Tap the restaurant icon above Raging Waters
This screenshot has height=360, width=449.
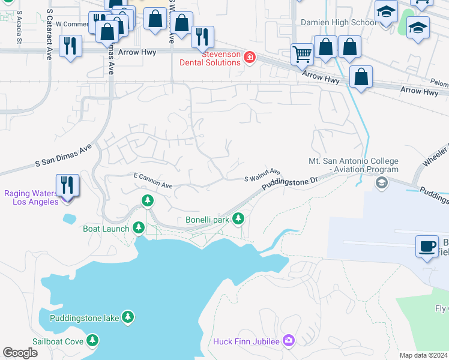[x=67, y=185]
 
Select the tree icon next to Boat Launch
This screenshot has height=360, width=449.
[x=139, y=227]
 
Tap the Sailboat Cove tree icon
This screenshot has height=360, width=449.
[x=92, y=341]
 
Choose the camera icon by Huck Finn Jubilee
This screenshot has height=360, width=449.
[x=289, y=341]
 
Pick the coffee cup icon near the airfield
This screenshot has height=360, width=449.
[x=427, y=247]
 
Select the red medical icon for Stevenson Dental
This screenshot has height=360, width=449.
[x=249, y=58]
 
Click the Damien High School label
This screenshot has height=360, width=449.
[x=339, y=22]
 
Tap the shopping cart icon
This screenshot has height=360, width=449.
[x=302, y=55]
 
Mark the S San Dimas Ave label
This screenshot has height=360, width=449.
[x=63, y=155]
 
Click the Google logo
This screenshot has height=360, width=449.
[x=20, y=353]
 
